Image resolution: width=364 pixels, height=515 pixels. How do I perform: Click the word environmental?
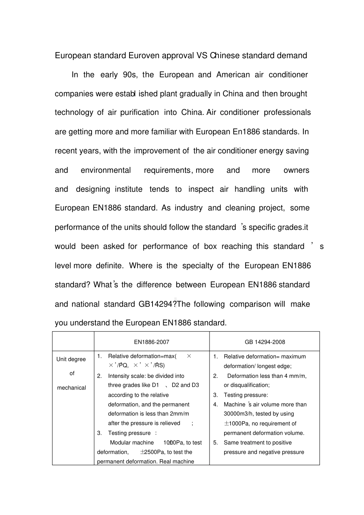[106, 170]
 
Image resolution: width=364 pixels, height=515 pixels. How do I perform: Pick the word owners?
[296, 170]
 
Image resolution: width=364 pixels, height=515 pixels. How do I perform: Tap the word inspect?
[201, 189]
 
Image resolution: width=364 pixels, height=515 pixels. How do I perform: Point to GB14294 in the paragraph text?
[157, 304]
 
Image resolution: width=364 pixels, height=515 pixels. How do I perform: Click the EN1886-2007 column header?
[151, 342]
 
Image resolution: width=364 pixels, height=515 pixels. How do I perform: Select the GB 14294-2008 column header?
[265, 342]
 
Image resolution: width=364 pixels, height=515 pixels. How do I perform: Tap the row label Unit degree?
[71, 359]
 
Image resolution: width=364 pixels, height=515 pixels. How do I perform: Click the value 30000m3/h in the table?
[239, 414]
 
